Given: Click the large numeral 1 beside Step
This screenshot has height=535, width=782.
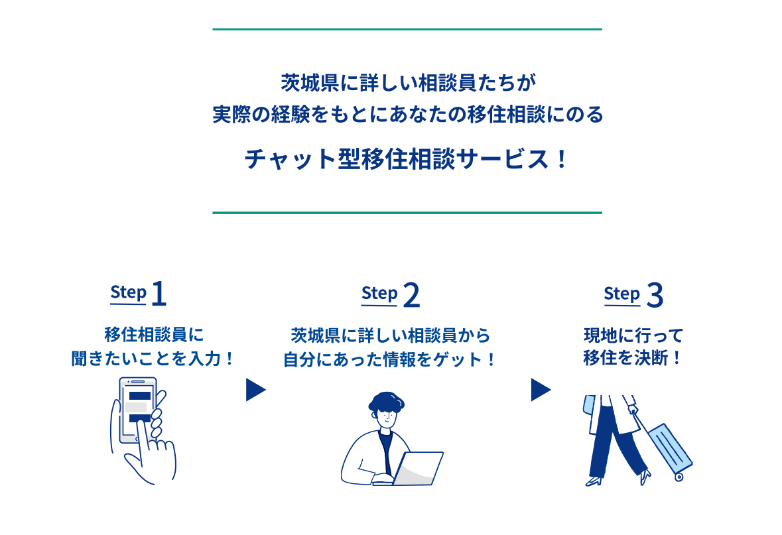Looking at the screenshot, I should pyautogui.click(x=159, y=295).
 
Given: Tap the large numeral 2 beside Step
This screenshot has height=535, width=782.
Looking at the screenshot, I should pyautogui.click(x=411, y=296).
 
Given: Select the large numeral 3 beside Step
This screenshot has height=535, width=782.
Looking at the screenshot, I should pyautogui.click(x=654, y=296).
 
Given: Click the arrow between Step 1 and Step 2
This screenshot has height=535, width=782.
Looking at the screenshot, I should pyautogui.click(x=255, y=390).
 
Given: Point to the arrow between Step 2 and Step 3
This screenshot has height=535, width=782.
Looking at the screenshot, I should pyautogui.click(x=540, y=390).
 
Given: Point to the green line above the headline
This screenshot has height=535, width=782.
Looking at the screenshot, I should pyautogui.click(x=407, y=29).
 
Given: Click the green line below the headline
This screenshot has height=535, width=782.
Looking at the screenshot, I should pyautogui.click(x=407, y=213).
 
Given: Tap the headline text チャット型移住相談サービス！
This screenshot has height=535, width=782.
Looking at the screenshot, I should pyautogui.click(x=407, y=160).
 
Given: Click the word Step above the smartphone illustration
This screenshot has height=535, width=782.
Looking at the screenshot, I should pyautogui.click(x=128, y=293).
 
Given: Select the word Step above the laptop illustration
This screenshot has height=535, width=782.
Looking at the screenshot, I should pyautogui.click(x=379, y=294).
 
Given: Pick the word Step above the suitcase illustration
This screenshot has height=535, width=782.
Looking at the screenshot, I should pyautogui.click(x=621, y=294).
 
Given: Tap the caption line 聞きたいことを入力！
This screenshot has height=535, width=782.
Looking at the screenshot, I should pyautogui.click(x=153, y=359).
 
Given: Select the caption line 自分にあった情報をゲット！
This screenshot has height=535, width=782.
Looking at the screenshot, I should pyautogui.click(x=390, y=359).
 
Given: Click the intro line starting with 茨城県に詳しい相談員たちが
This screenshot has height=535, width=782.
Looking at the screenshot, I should pyautogui.click(x=407, y=84).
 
